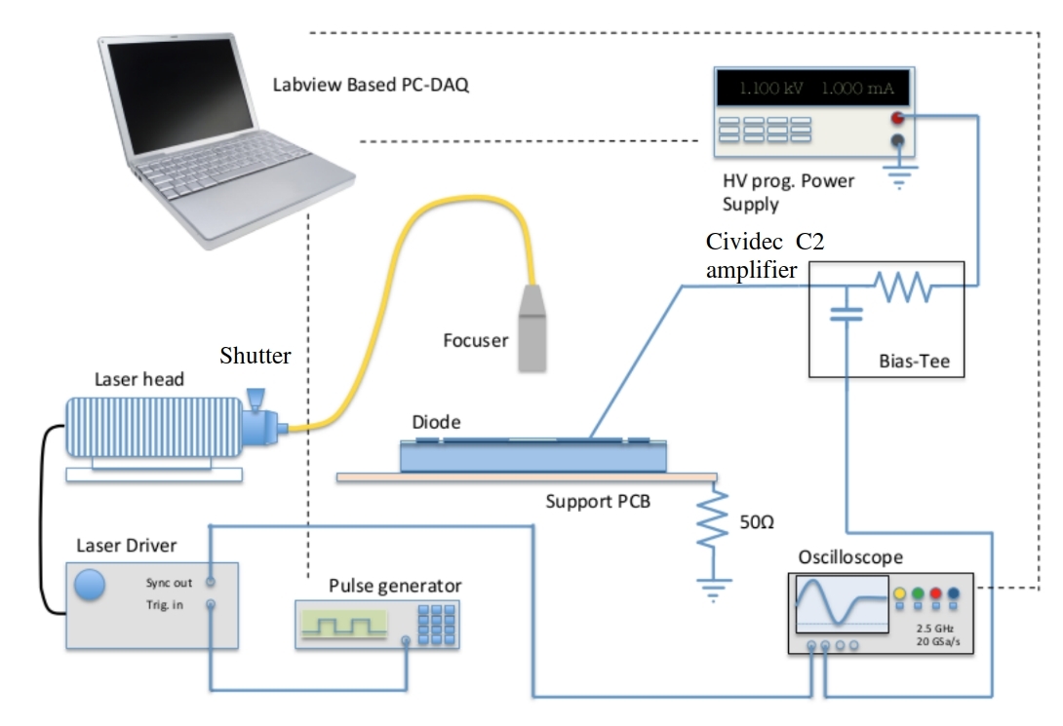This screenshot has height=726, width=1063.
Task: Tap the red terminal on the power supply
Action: click(897, 118)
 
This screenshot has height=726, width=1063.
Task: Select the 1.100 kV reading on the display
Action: click(770, 89)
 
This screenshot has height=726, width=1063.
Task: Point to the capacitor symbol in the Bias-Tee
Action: click(845, 313)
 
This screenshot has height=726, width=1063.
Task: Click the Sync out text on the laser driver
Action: click(170, 582)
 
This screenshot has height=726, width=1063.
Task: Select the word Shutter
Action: click(255, 356)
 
